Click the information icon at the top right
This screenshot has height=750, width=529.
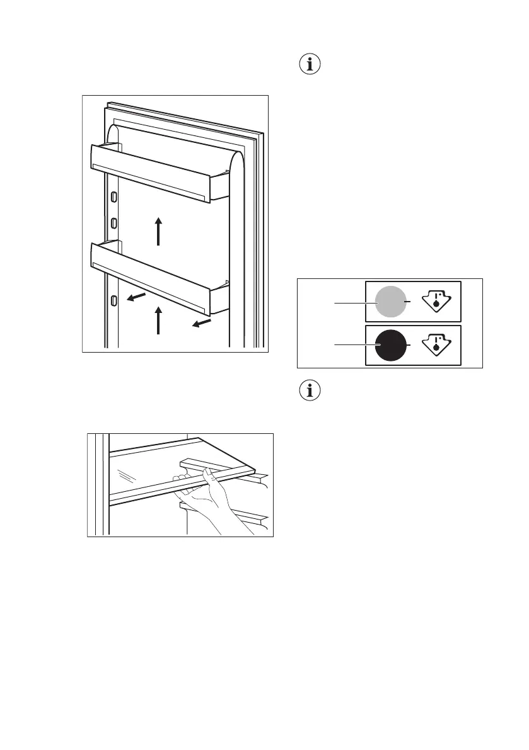pos(310,65)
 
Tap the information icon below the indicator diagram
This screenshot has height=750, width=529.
pos(310,391)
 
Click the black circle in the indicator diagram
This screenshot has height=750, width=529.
pos(390,346)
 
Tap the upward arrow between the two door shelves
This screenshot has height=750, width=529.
pos(158,230)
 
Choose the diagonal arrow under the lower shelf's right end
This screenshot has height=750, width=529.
pos(202,323)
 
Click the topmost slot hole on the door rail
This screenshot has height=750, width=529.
pos(114,197)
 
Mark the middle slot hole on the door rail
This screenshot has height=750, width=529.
pos(114,222)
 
